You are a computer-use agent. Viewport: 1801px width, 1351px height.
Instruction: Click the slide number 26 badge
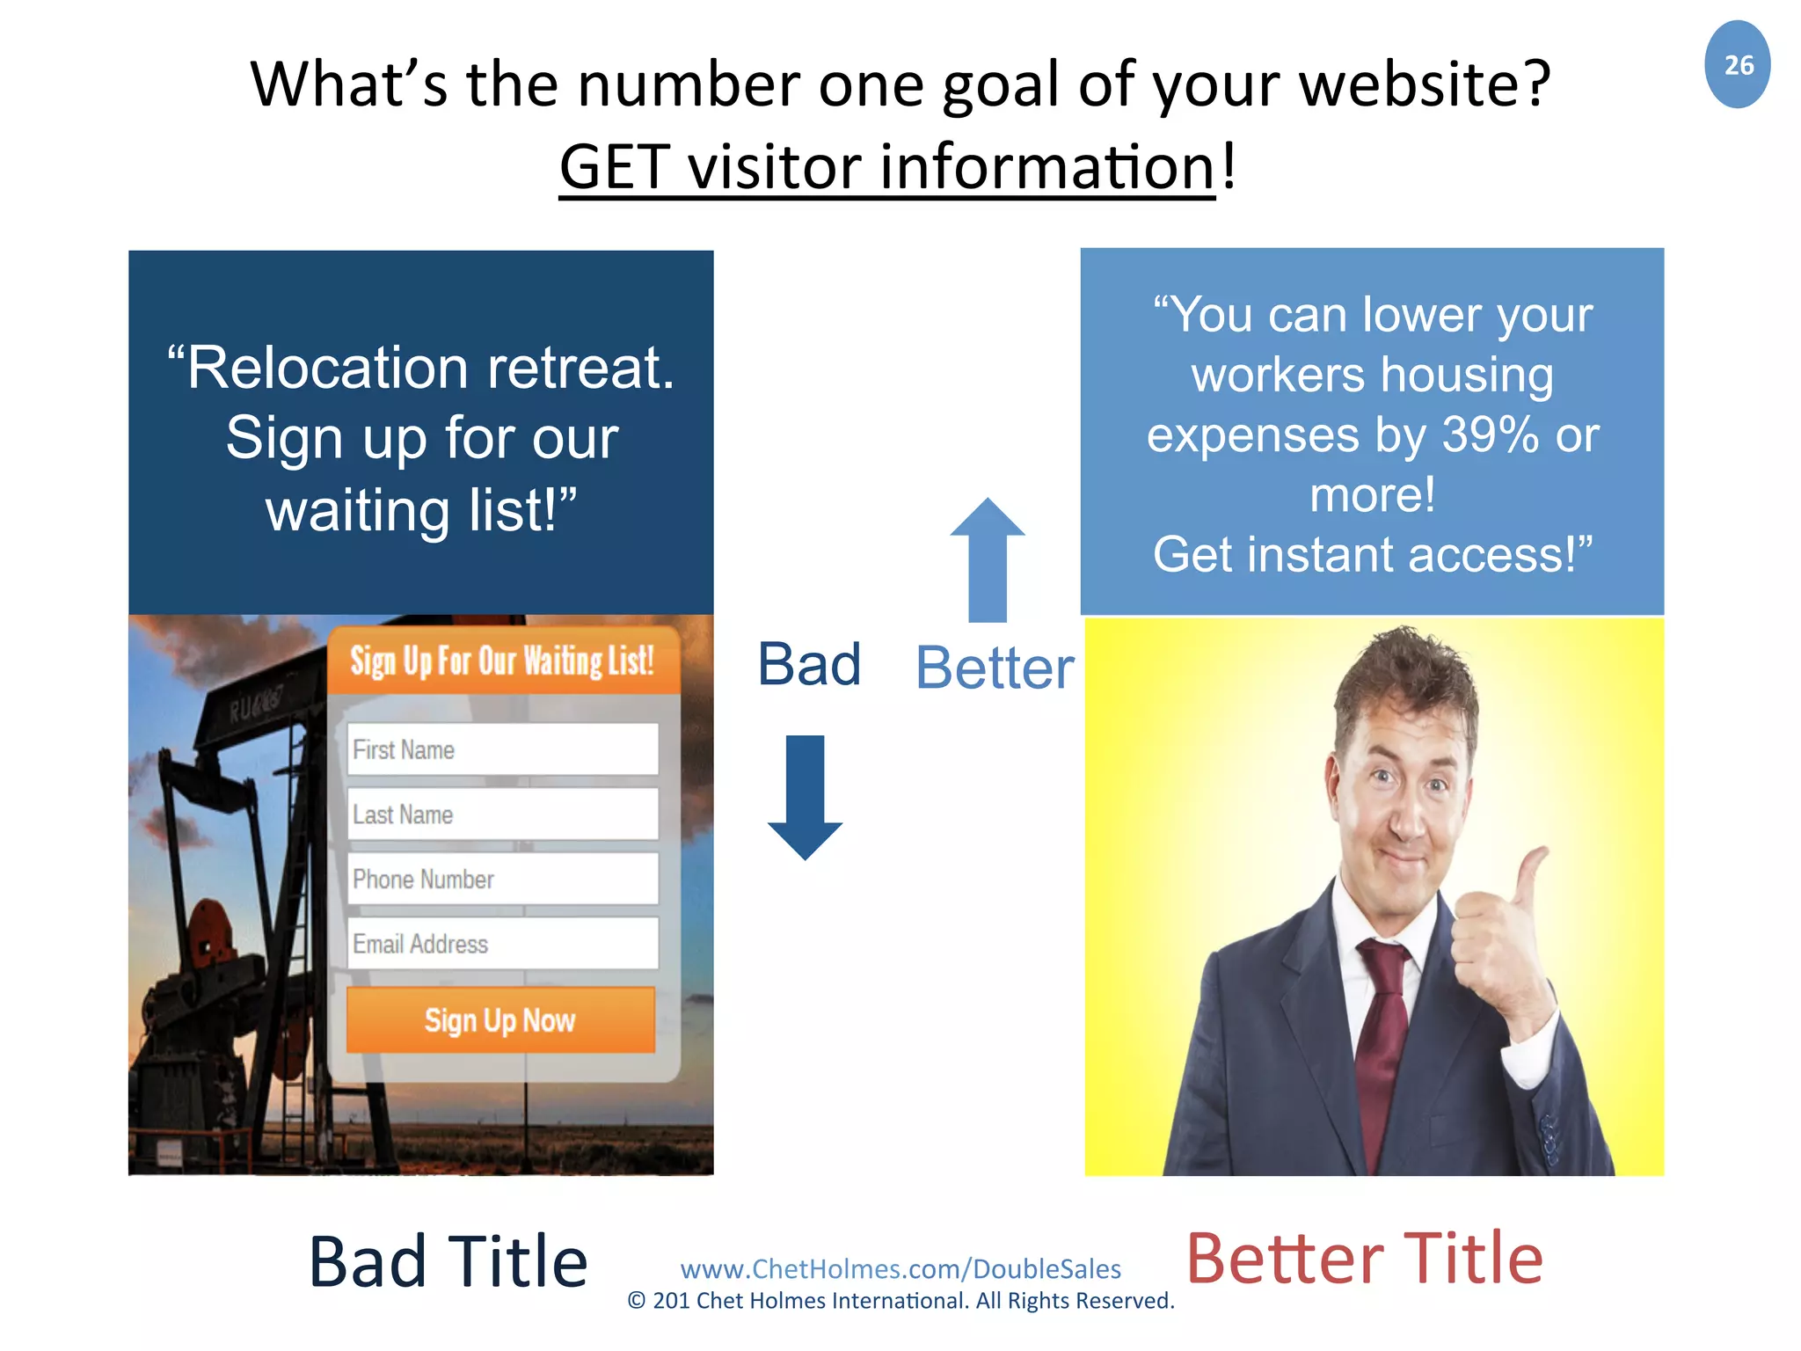pyautogui.click(x=1737, y=65)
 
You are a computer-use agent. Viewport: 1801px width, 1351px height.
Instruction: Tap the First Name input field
pyautogui.click(x=502, y=749)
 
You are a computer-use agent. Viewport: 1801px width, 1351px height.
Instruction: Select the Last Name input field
pyautogui.click(x=502, y=814)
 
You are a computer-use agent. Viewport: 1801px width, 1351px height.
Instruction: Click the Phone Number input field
pyautogui.click(x=502, y=879)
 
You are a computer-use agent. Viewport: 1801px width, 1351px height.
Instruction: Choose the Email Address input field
pyautogui.click(x=502, y=944)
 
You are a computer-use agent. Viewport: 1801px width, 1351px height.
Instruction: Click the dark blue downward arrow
pyautogui.click(x=805, y=796)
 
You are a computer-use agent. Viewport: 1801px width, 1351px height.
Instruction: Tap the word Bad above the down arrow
pyautogui.click(x=809, y=665)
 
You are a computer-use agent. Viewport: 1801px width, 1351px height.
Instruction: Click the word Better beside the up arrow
pyautogui.click(x=995, y=668)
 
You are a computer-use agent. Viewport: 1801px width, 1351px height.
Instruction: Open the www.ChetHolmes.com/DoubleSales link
pyautogui.click(x=900, y=1269)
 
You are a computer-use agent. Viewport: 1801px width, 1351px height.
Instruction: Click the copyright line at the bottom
pyautogui.click(x=900, y=1301)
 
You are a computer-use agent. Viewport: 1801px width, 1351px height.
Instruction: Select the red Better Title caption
pyautogui.click(x=1364, y=1260)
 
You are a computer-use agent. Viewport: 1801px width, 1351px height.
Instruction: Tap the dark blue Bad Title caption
pyautogui.click(x=448, y=1262)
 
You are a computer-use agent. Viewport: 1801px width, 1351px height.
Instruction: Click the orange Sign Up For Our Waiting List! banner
pyautogui.click(x=502, y=661)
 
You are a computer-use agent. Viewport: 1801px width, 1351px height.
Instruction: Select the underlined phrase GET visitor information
pyautogui.click(x=886, y=167)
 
